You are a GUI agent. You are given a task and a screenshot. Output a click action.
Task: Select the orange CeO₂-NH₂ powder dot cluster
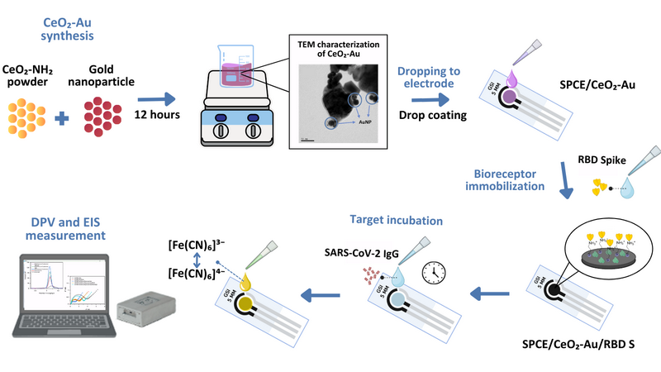[x=28, y=117]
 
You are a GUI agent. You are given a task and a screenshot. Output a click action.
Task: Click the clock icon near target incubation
[x=433, y=272]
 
